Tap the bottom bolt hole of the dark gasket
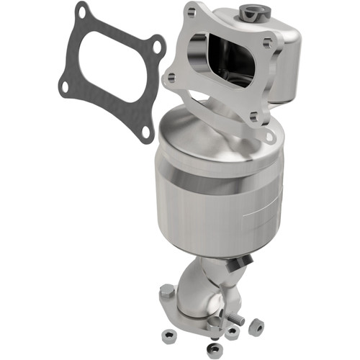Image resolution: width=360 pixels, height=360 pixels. [x=145, y=131]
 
